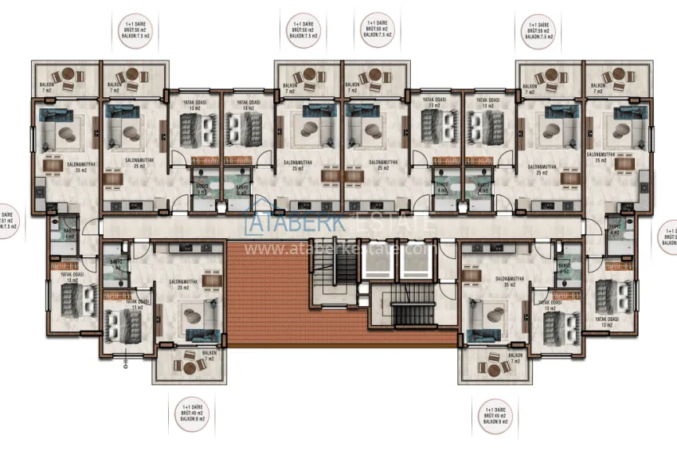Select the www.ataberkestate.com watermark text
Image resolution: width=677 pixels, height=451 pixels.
(338, 249)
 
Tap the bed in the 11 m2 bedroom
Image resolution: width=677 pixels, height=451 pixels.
(123, 327)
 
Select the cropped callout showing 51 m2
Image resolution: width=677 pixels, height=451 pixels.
(7, 221)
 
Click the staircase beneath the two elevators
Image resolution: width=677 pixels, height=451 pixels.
(412, 310)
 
